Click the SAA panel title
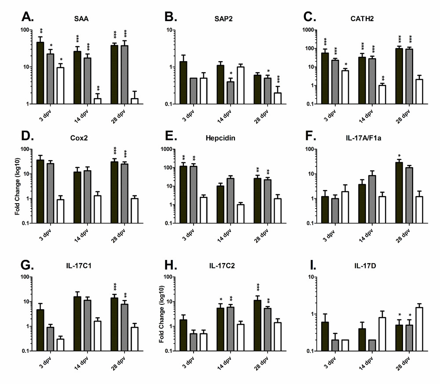(x=80, y=21)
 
